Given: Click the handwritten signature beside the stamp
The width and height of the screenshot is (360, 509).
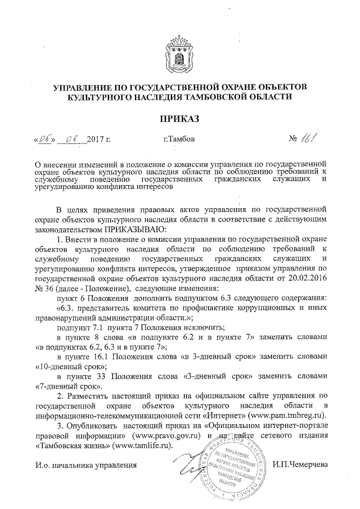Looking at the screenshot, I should tap(188, 464).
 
